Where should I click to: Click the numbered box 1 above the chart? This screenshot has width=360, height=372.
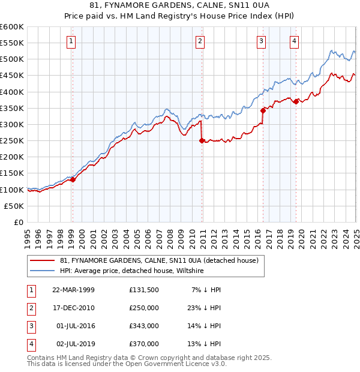point(71,41)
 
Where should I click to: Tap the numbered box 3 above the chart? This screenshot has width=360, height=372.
point(262,41)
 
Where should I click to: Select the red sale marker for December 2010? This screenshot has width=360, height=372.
point(202,141)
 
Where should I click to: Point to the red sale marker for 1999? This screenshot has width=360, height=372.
point(73,179)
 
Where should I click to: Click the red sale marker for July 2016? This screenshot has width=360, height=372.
point(263,110)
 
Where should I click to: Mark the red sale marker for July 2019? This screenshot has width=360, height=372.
point(296,101)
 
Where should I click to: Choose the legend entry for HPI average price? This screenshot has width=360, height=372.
point(132,271)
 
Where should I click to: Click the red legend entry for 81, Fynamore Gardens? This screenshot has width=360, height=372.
point(159,261)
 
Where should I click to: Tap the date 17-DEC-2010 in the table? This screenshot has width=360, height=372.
point(73,308)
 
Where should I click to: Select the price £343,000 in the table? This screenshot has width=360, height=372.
point(144,326)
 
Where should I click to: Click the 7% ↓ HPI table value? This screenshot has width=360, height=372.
point(206,290)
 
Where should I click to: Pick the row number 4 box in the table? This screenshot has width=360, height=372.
point(30,344)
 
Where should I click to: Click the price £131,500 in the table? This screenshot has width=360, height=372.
point(144,290)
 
